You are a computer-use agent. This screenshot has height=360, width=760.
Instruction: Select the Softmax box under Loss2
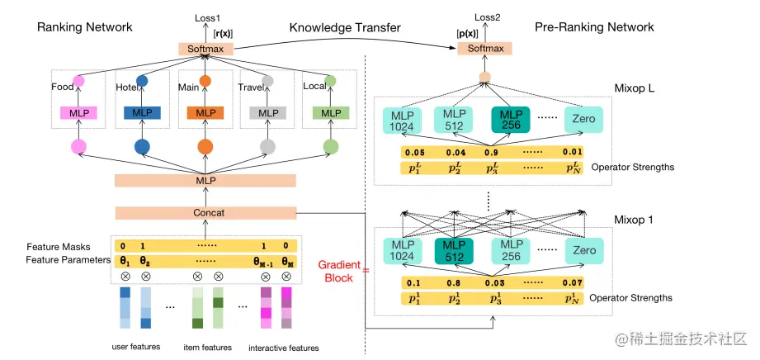[x=485, y=49]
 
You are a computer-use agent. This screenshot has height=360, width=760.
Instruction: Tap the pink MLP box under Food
[x=79, y=112]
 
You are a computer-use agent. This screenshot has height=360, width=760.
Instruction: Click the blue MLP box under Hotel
[x=141, y=112]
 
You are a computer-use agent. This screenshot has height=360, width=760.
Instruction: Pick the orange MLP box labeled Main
[x=205, y=112]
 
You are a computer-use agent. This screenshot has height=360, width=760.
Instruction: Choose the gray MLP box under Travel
[x=267, y=112]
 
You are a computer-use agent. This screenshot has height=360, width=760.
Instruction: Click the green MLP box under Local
[x=330, y=112]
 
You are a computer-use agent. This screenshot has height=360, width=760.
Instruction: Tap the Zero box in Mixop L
[x=583, y=120]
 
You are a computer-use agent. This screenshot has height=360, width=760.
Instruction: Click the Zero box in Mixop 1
[x=583, y=249]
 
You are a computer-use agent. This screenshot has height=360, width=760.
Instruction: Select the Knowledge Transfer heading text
[x=345, y=27]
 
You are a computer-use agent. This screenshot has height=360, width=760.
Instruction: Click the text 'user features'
[x=135, y=347]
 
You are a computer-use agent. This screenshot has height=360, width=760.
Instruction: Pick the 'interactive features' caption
[x=284, y=348]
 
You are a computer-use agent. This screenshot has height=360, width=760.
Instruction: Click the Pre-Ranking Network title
[x=594, y=27]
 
